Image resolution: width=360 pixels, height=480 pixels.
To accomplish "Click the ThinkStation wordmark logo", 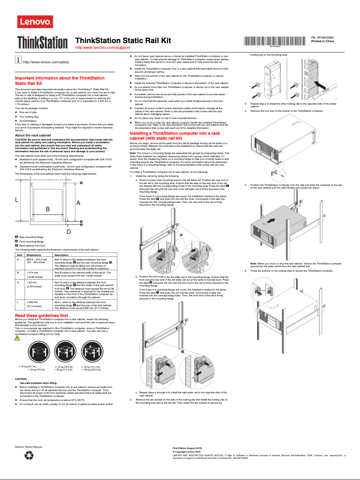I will (43, 43).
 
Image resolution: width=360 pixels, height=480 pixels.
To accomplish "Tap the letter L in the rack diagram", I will (17, 199).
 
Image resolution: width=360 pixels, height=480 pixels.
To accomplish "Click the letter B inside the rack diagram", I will (48, 208).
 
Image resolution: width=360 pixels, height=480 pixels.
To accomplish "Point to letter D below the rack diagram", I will (69, 231).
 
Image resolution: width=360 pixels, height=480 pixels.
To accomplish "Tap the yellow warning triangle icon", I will (18, 338).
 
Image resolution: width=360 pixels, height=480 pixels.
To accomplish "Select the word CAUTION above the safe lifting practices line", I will (21, 379).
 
